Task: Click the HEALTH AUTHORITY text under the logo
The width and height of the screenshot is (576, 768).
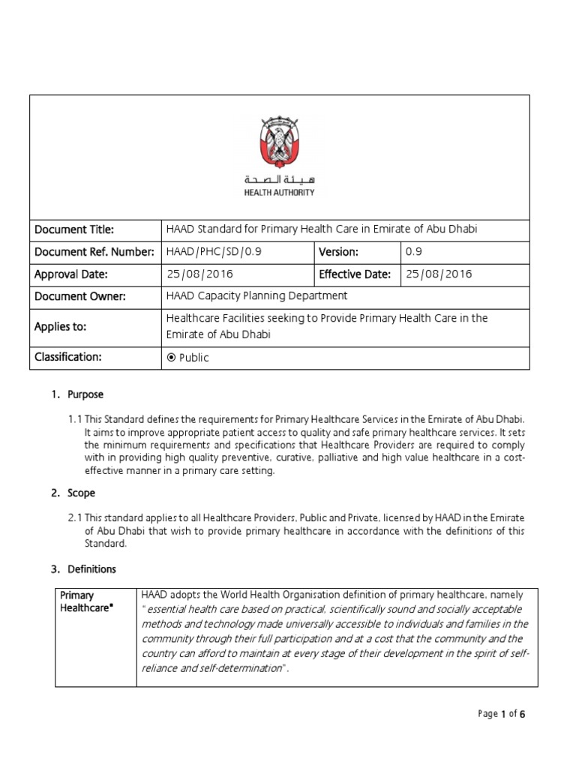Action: (x=279, y=193)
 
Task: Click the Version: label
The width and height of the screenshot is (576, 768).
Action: (x=339, y=252)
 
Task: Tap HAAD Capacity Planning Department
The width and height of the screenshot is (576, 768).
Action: (x=256, y=296)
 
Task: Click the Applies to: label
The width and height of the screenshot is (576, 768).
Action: (x=61, y=327)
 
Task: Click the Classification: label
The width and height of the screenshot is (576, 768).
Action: (x=67, y=357)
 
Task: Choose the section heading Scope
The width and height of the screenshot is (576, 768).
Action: (x=82, y=493)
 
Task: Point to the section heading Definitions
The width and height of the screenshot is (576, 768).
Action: (x=91, y=569)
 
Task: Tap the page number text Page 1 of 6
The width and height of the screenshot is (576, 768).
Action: (x=501, y=714)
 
